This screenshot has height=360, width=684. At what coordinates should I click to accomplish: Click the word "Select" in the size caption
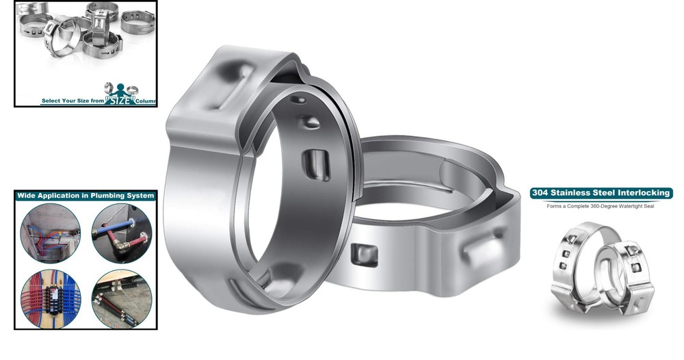click(x=52, y=101)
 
